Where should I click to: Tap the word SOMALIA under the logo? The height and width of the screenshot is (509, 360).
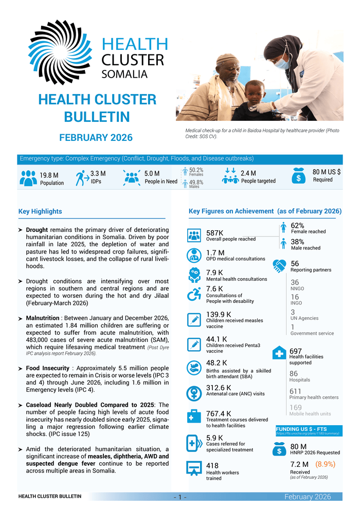pos(125,74)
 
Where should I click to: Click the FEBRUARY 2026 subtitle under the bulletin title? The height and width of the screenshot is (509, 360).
pos(96,138)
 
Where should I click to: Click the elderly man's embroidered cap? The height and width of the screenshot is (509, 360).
pos(227,59)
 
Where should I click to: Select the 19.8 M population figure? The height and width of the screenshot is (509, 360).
pos(49,176)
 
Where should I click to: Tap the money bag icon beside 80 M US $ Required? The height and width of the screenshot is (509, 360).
pos(299,175)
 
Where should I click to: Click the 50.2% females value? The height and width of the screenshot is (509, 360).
pos(196,170)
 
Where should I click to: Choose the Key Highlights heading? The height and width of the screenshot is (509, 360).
pos(40,211)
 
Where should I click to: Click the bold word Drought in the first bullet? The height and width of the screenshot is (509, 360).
pos(37,229)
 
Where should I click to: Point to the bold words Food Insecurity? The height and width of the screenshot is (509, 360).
pos(47,369)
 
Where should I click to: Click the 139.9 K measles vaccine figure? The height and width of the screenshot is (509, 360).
pos(219,314)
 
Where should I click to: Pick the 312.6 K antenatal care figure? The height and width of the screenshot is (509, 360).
pos(219,387)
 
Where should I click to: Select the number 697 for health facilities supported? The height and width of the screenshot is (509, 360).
pos(295,351)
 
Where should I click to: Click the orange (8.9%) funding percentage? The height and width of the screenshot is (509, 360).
pos(325,464)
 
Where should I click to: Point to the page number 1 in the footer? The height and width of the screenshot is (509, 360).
pos(181,497)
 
